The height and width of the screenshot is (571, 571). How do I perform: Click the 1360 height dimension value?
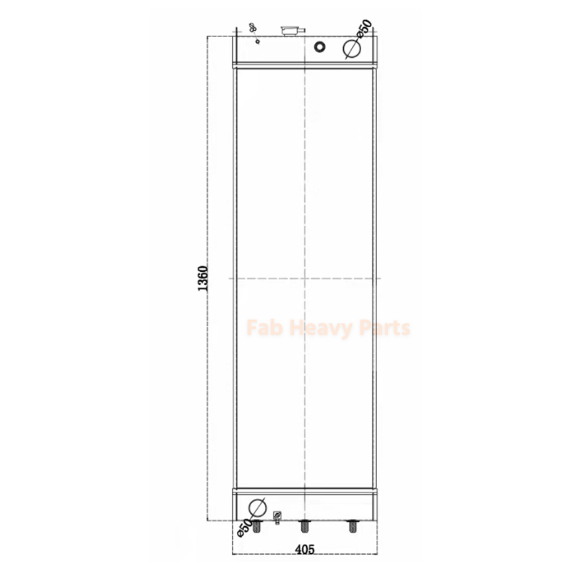coord(203,279)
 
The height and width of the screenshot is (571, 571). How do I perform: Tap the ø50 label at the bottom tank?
coord(244,527)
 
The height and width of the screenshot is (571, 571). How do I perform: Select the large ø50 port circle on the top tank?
coord(351,48)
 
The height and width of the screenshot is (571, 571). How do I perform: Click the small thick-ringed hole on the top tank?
coord(319,47)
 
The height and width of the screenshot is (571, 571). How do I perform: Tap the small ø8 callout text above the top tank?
coord(251,28)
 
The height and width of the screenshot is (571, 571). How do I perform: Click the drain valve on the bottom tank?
coord(278,515)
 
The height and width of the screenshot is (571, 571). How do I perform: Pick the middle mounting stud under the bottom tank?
coord(305,527)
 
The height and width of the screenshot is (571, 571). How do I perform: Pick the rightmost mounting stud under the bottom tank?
coord(351,527)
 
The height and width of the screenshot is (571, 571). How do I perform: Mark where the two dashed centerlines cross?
coord(305,278)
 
